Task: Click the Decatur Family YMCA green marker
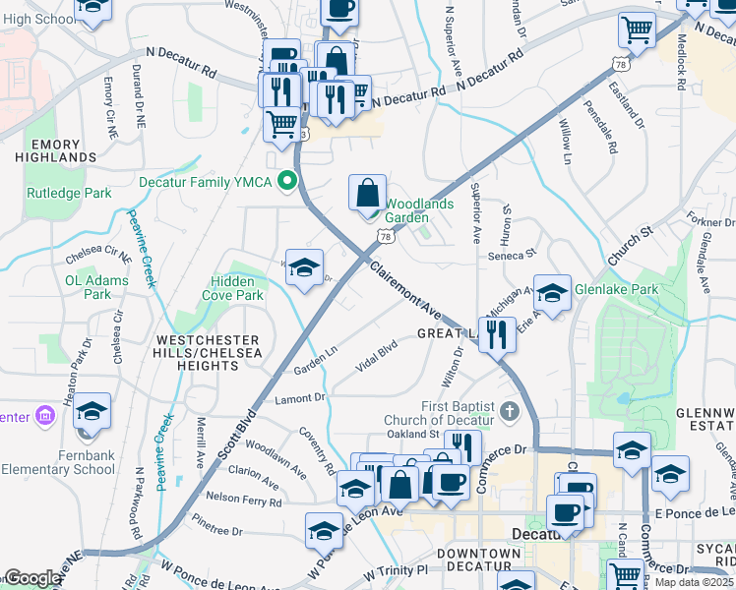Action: click(x=287, y=181)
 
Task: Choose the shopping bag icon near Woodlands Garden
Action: click(x=367, y=192)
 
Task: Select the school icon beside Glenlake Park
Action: click(x=553, y=291)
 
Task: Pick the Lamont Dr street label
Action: click(x=300, y=398)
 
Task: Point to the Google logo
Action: click(x=32, y=578)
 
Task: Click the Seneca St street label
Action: click(x=511, y=256)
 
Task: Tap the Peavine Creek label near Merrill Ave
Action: click(x=162, y=452)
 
